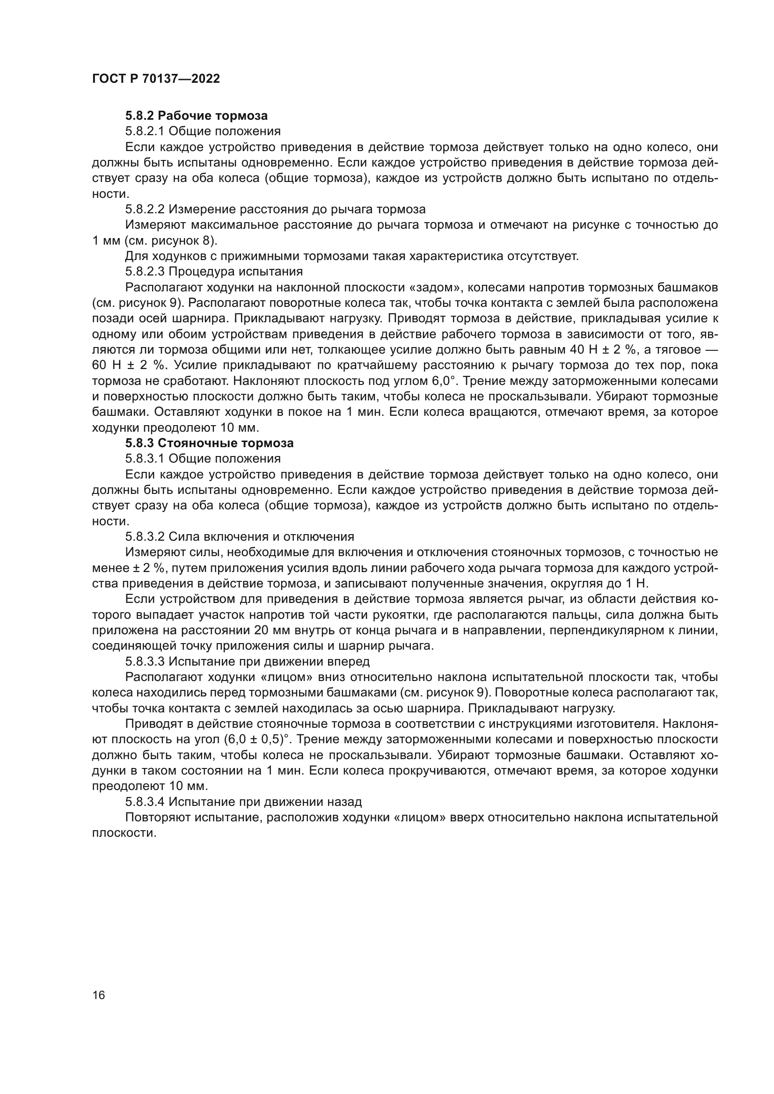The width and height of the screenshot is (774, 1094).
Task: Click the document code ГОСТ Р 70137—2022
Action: (x=156, y=79)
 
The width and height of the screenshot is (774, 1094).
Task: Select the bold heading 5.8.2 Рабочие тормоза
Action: (x=197, y=116)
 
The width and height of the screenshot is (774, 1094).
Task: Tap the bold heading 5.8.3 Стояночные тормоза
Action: (x=209, y=443)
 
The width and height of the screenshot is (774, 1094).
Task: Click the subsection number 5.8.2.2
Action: (x=145, y=209)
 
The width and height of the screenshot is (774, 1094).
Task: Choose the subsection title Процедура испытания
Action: (x=236, y=272)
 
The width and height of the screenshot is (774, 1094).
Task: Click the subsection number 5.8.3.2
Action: (x=145, y=536)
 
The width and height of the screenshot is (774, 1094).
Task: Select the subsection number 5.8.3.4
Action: (x=145, y=802)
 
